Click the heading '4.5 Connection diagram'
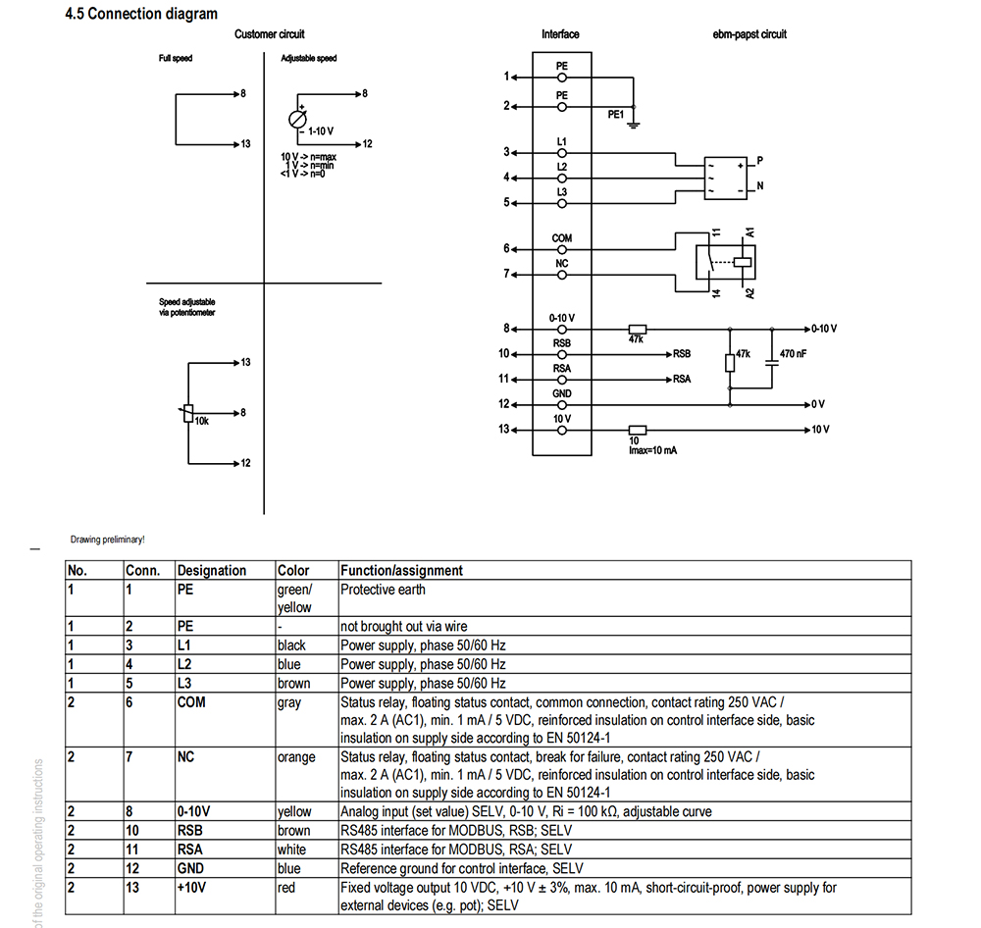141,14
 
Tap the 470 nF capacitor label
793,354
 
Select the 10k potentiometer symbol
187,413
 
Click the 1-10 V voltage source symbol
297,119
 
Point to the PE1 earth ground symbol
634,125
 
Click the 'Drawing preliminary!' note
108,540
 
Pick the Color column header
292,571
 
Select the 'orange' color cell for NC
296,757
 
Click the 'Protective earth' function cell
383,590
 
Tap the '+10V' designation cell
191,888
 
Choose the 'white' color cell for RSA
291,850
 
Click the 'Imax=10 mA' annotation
652,450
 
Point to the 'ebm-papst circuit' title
749,34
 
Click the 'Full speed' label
176,58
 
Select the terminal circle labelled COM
562,250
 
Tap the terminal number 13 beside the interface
503,430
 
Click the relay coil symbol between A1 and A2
742,262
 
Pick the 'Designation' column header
212,571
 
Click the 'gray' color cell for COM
289,702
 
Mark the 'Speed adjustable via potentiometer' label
187,307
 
